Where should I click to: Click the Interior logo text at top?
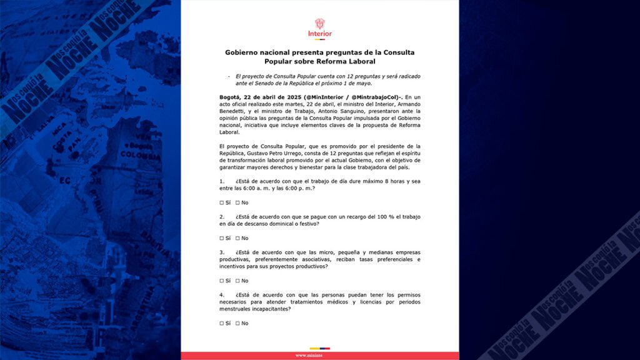tap(320, 34)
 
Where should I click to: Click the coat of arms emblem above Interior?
tap(320, 23)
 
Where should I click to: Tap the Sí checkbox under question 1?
tap(221, 202)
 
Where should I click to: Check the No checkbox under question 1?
tap(237, 202)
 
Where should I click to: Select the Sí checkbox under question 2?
tap(221, 238)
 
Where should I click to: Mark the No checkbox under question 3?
tap(237, 281)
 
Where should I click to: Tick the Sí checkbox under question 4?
tap(221, 323)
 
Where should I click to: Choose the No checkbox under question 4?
tap(237, 323)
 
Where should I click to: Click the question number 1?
tap(222, 181)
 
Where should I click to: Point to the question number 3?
tap(222, 252)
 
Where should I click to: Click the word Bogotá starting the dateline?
tap(231, 97)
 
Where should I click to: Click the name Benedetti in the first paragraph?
tap(232, 104)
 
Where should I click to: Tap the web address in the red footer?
tap(319, 356)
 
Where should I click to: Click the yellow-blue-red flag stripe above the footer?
tap(319, 349)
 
